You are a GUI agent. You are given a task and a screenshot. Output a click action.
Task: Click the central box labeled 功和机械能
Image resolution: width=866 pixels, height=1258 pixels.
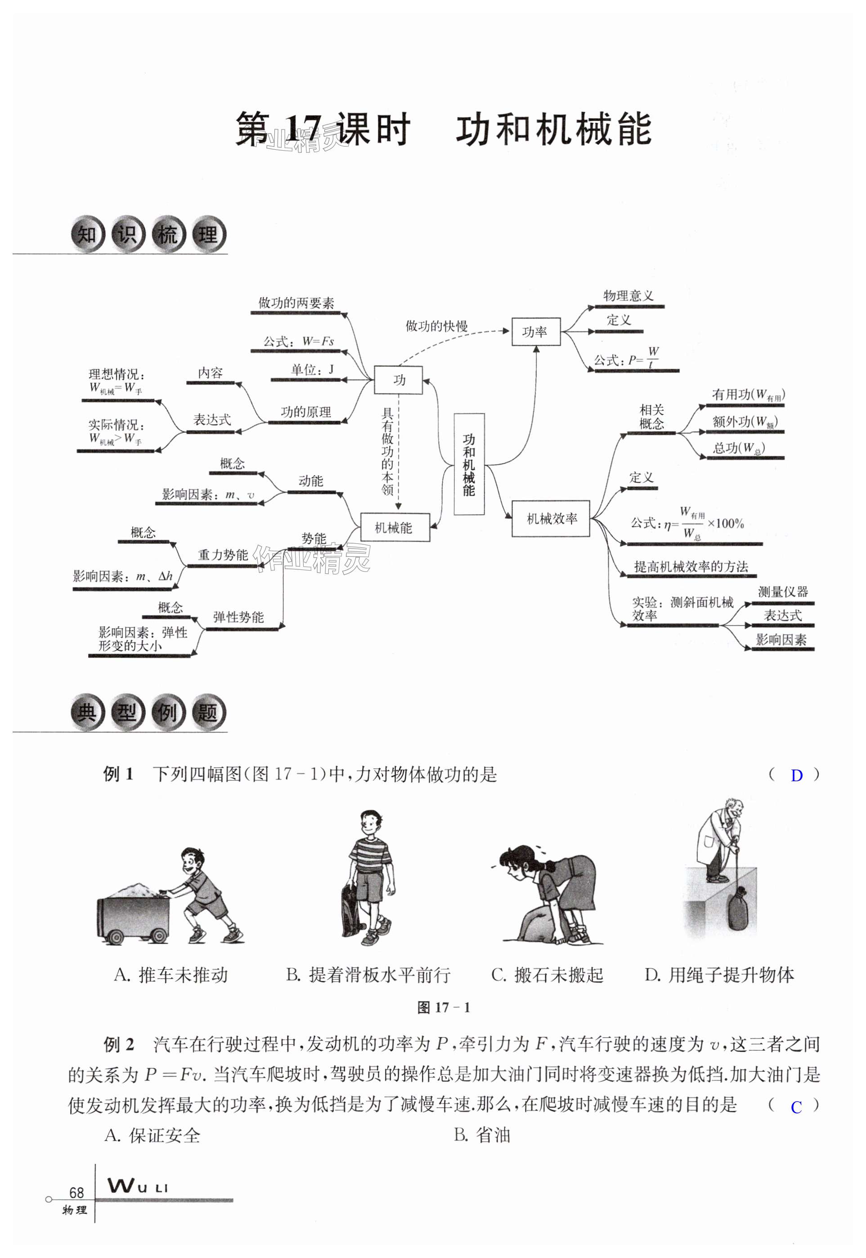(469, 464)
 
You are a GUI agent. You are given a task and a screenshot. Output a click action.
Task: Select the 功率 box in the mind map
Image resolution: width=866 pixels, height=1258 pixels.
(535, 331)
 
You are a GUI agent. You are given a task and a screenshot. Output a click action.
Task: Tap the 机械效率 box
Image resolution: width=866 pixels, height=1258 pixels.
(551, 519)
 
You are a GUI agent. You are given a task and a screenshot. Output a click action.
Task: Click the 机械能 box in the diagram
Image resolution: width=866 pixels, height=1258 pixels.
(395, 527)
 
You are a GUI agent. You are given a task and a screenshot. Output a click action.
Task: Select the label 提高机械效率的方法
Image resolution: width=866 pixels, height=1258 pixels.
(691, 567)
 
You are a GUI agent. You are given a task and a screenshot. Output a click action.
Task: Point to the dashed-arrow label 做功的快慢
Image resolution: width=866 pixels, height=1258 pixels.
(436, 326)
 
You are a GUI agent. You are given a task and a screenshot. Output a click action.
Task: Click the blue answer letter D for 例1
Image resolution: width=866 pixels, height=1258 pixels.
(796, 776)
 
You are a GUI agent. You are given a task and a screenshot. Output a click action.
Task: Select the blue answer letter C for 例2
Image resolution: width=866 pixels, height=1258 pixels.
(796, 1107)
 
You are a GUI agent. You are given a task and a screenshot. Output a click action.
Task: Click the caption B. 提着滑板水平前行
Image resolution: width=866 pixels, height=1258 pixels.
(368, 975)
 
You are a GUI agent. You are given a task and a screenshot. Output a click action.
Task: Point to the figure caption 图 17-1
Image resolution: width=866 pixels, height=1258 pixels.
(443, 1007)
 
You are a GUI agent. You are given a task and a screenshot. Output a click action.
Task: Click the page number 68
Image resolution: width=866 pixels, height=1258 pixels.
(76, 1192)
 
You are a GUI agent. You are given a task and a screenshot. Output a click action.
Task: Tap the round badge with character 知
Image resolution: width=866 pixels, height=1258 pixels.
(87, 235)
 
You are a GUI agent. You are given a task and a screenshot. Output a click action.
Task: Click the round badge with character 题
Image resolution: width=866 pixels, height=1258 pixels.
(207, 712)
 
